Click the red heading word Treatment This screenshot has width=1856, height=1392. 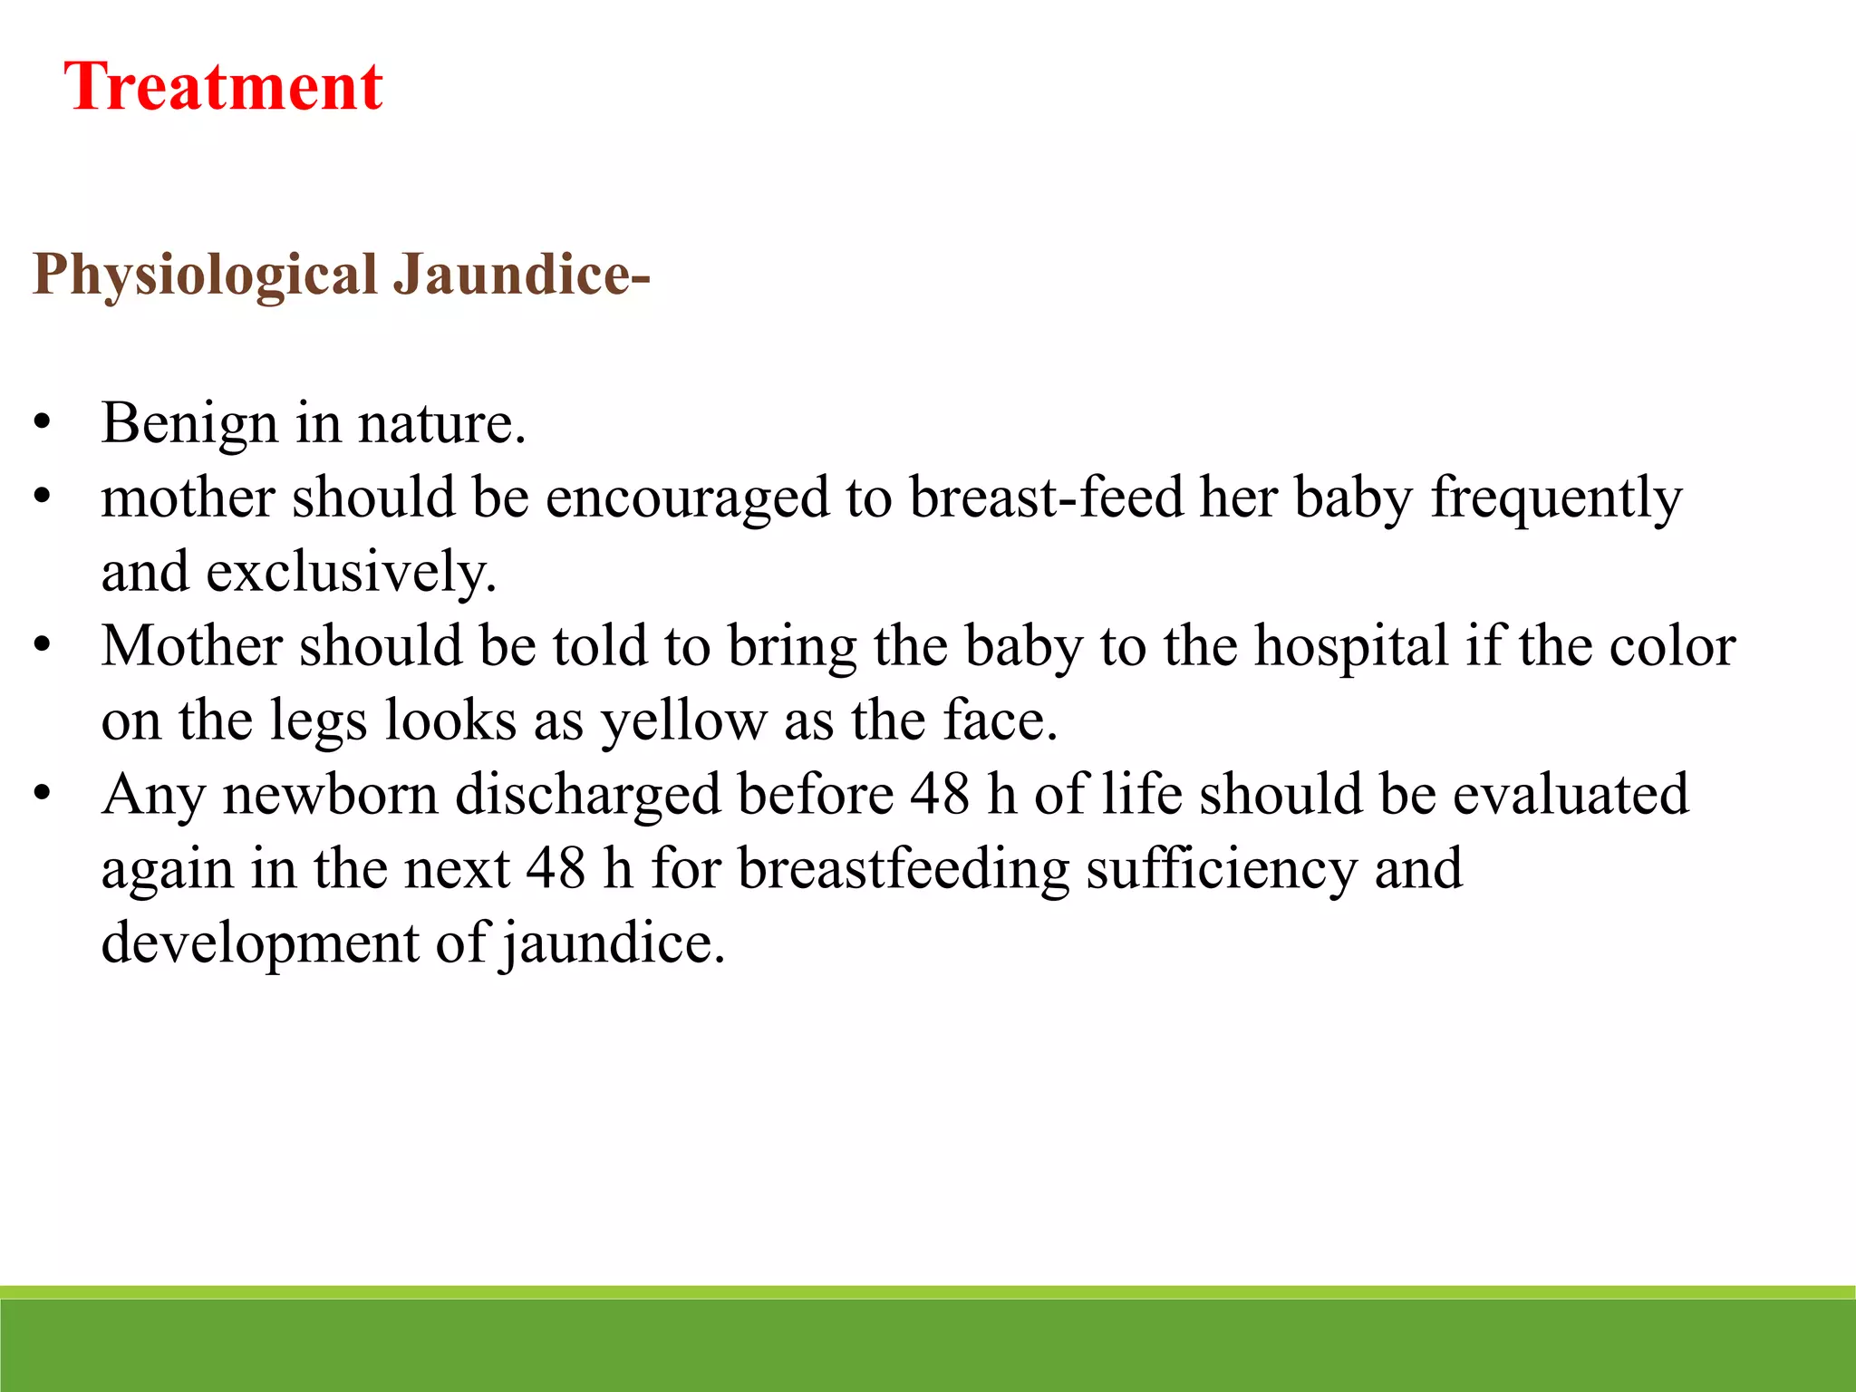pos(223,87)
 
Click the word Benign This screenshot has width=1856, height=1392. pos(189,423)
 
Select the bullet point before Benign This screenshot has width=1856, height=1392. pos(42,423)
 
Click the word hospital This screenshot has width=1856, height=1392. pos(1351,646)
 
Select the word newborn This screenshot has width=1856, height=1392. pos(331,795)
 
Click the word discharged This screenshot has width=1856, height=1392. pos(587,795)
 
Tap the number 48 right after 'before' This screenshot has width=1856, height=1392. pos(940,795)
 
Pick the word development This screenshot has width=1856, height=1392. pos(260,943)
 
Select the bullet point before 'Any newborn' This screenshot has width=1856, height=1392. pos(42,795)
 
